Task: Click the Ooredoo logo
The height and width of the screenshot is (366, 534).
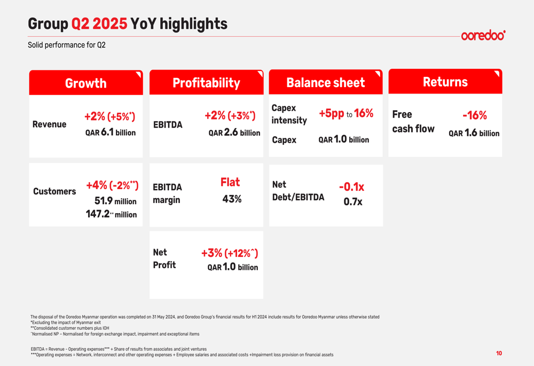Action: pos(483,35)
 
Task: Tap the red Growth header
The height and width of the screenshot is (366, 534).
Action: pos(86,83)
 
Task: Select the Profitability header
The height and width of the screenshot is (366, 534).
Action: pos(206,83)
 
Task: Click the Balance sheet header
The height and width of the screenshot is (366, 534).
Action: pos(326,82)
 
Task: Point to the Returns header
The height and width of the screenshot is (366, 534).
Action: pos(445,81)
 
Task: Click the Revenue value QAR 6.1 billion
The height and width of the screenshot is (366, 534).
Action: pos(111,132)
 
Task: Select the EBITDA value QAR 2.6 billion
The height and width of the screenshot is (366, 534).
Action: pos(234,132)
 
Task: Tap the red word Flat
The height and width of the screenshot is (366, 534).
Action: pos(230,182)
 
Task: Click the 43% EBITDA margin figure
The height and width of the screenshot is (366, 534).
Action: pos(232,199)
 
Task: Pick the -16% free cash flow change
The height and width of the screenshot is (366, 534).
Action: pos(474,115)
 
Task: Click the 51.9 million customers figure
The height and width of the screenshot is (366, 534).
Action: pos(115,201)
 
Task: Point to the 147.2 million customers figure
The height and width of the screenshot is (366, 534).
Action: pos(112,214)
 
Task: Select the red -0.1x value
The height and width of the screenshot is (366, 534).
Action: pos(351,187)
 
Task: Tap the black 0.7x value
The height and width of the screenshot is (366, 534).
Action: pos(353,202)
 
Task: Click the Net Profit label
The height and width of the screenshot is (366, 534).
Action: pos(164,259)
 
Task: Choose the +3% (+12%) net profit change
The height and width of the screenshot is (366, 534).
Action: pos(230,253)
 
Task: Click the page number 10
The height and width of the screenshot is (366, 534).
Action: pos(499,353)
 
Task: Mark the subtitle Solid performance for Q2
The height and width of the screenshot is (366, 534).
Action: pos(67,45)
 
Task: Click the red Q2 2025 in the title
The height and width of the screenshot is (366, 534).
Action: pos(99,24)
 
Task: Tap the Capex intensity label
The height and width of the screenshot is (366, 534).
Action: pos(289,114)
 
